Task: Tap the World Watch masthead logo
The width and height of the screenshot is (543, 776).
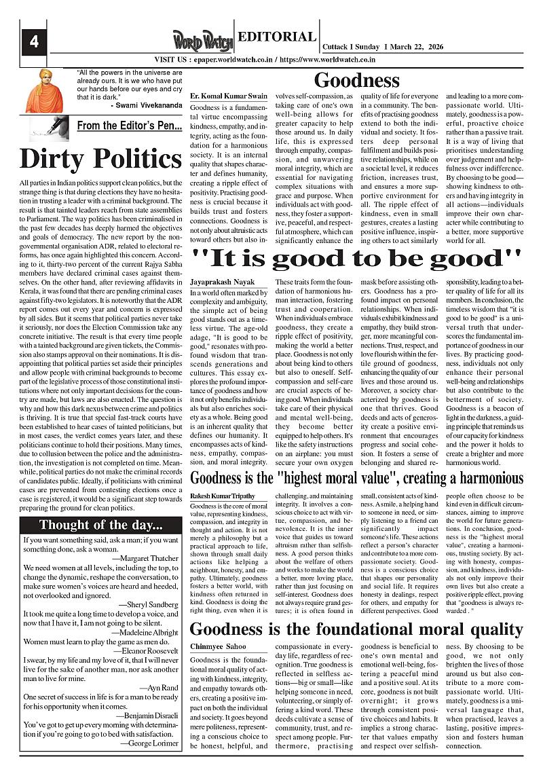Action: [202, 40]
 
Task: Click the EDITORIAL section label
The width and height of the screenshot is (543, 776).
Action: [278, 37]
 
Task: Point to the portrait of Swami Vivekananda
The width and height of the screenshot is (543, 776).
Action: [44, 90]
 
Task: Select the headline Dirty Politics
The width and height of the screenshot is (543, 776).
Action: [100, 158]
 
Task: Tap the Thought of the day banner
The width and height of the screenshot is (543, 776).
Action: [100, 525]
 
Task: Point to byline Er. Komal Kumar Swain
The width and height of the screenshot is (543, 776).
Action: [229, 97]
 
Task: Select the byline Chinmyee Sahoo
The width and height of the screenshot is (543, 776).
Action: [218, 646]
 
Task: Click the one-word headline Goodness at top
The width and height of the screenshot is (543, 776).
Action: [356, 81]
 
